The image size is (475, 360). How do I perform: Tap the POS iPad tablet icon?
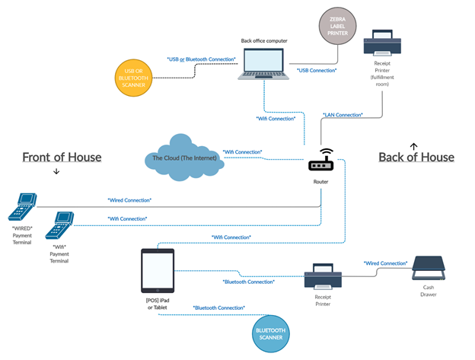(158, 270)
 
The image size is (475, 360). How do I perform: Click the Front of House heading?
(62, 157)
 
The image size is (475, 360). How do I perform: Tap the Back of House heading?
(416, 157)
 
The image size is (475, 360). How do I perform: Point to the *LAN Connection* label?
(343, 114)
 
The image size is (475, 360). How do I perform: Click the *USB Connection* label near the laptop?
(317, 71)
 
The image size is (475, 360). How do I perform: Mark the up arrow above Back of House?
(414, 144)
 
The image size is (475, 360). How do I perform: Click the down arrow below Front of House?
(57, 172)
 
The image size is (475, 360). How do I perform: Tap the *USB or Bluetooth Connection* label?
(201, 59)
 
